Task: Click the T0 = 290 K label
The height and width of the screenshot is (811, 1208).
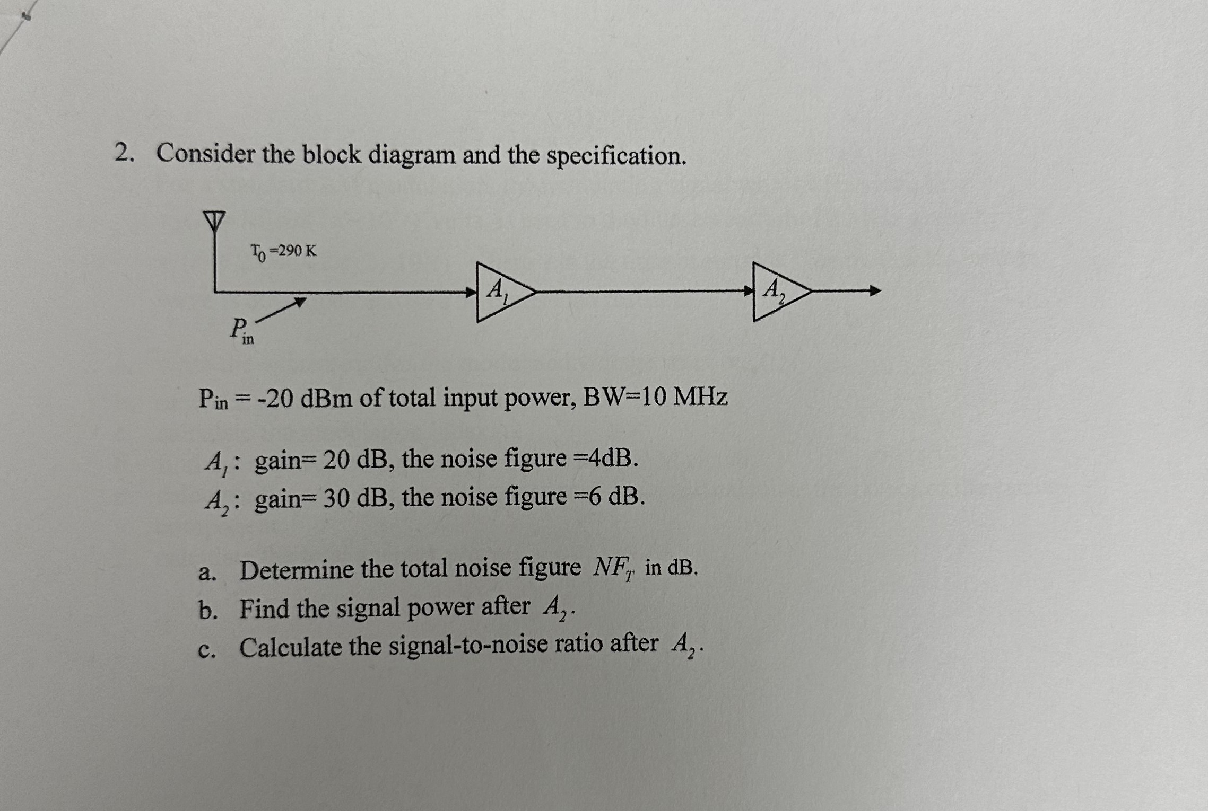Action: (283, 251)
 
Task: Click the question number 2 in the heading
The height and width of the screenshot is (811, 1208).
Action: (123, 154)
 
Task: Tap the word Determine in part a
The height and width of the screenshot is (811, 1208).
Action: (297, 570)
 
